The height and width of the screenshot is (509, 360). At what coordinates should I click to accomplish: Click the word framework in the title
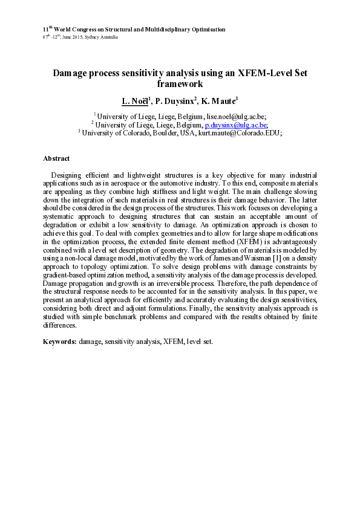[x=180, y=85]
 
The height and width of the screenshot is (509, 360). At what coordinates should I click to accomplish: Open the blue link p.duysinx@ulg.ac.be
[x=234, y=125]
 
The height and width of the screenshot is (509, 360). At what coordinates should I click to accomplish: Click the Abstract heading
[x=56, y=158]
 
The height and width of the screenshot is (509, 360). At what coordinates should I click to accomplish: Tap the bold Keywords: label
[x=59, y=342]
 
